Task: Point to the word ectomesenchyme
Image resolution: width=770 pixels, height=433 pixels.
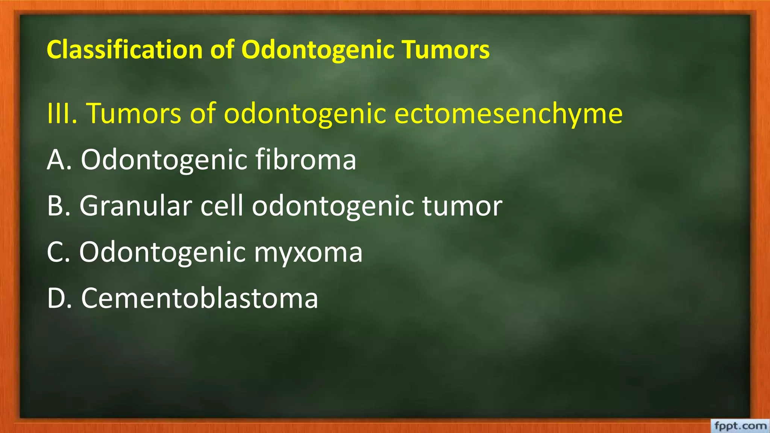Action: click(x=508, y=114)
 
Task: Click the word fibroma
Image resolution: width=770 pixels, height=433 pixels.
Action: click(x=306, y=159)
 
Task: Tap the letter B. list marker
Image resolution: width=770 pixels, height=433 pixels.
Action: click(x=59, y=206)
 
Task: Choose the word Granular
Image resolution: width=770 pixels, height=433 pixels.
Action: click(x=136, y=206)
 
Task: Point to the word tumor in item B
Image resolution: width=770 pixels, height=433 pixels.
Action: click(x=462, y=206)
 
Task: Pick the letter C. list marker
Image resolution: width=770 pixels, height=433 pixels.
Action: click(x=58, y=252)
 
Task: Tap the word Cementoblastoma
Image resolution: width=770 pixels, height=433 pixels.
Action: click(x=200, y=298)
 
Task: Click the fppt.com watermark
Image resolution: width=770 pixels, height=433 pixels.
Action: click(x=740, y=426)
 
